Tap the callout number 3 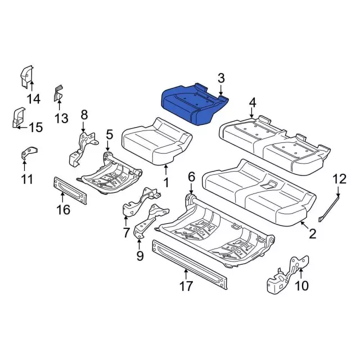tap(221, 78)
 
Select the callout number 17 tap(186, 286)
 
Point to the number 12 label tap(340, 179)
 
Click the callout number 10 tap(301, 286)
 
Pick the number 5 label tap(110, 134)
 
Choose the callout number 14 tap(34, 99)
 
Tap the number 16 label tap(64, 209)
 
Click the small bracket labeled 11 tap(29, 152)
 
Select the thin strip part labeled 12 tap(329, 208)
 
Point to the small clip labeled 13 tap(58, 93)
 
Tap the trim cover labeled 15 tap(19, 117)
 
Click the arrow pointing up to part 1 tap(166, 170)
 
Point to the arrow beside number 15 tap(22, 127)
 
